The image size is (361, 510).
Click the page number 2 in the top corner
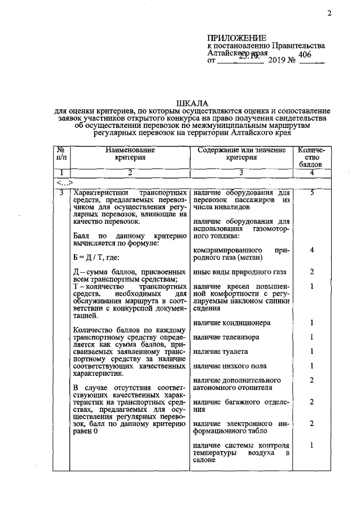tap(329, 14)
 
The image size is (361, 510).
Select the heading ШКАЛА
tap(192, 104)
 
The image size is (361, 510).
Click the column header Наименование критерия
tap(130, 154)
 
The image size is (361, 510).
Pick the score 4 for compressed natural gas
tap(311, 250)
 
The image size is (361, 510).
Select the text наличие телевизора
tap(227, 337)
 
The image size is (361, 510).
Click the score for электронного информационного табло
tap(311, 423)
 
